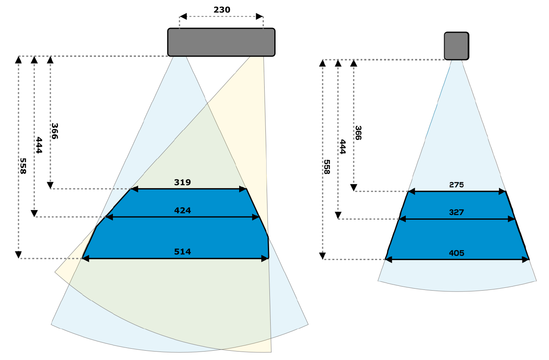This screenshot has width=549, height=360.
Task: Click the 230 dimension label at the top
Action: [x=221, y=10]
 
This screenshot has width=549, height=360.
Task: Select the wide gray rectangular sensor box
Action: [x=221, y=42]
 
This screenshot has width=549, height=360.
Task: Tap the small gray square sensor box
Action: [x=456, y=46]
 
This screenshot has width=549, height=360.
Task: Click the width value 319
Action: [x=182, y=182]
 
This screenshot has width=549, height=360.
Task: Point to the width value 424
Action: [x=182, y=210]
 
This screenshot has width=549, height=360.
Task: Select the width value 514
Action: [x=182, y=252]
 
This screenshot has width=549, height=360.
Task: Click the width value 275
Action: [x=456, y=185]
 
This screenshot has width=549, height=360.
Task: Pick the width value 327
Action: [x=456, y=212]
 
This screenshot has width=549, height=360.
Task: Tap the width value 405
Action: [x=456, y=253]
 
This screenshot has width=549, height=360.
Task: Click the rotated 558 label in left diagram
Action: [x=23, y=166]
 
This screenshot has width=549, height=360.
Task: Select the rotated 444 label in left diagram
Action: [x=39, y=145]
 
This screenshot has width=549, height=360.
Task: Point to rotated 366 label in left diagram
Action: [x=55, y=131]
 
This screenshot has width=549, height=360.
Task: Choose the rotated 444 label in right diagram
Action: [x=343, y=147]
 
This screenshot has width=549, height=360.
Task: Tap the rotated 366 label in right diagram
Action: [x=358, y=133]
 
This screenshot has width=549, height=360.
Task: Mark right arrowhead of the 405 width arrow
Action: [x=526, y=260]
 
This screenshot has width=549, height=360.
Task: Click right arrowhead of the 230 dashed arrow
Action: [x=260, y=17]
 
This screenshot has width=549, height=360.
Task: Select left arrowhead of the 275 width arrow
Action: [x=412, y=191]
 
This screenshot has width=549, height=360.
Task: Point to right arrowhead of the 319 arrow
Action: [x=243, y=189]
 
